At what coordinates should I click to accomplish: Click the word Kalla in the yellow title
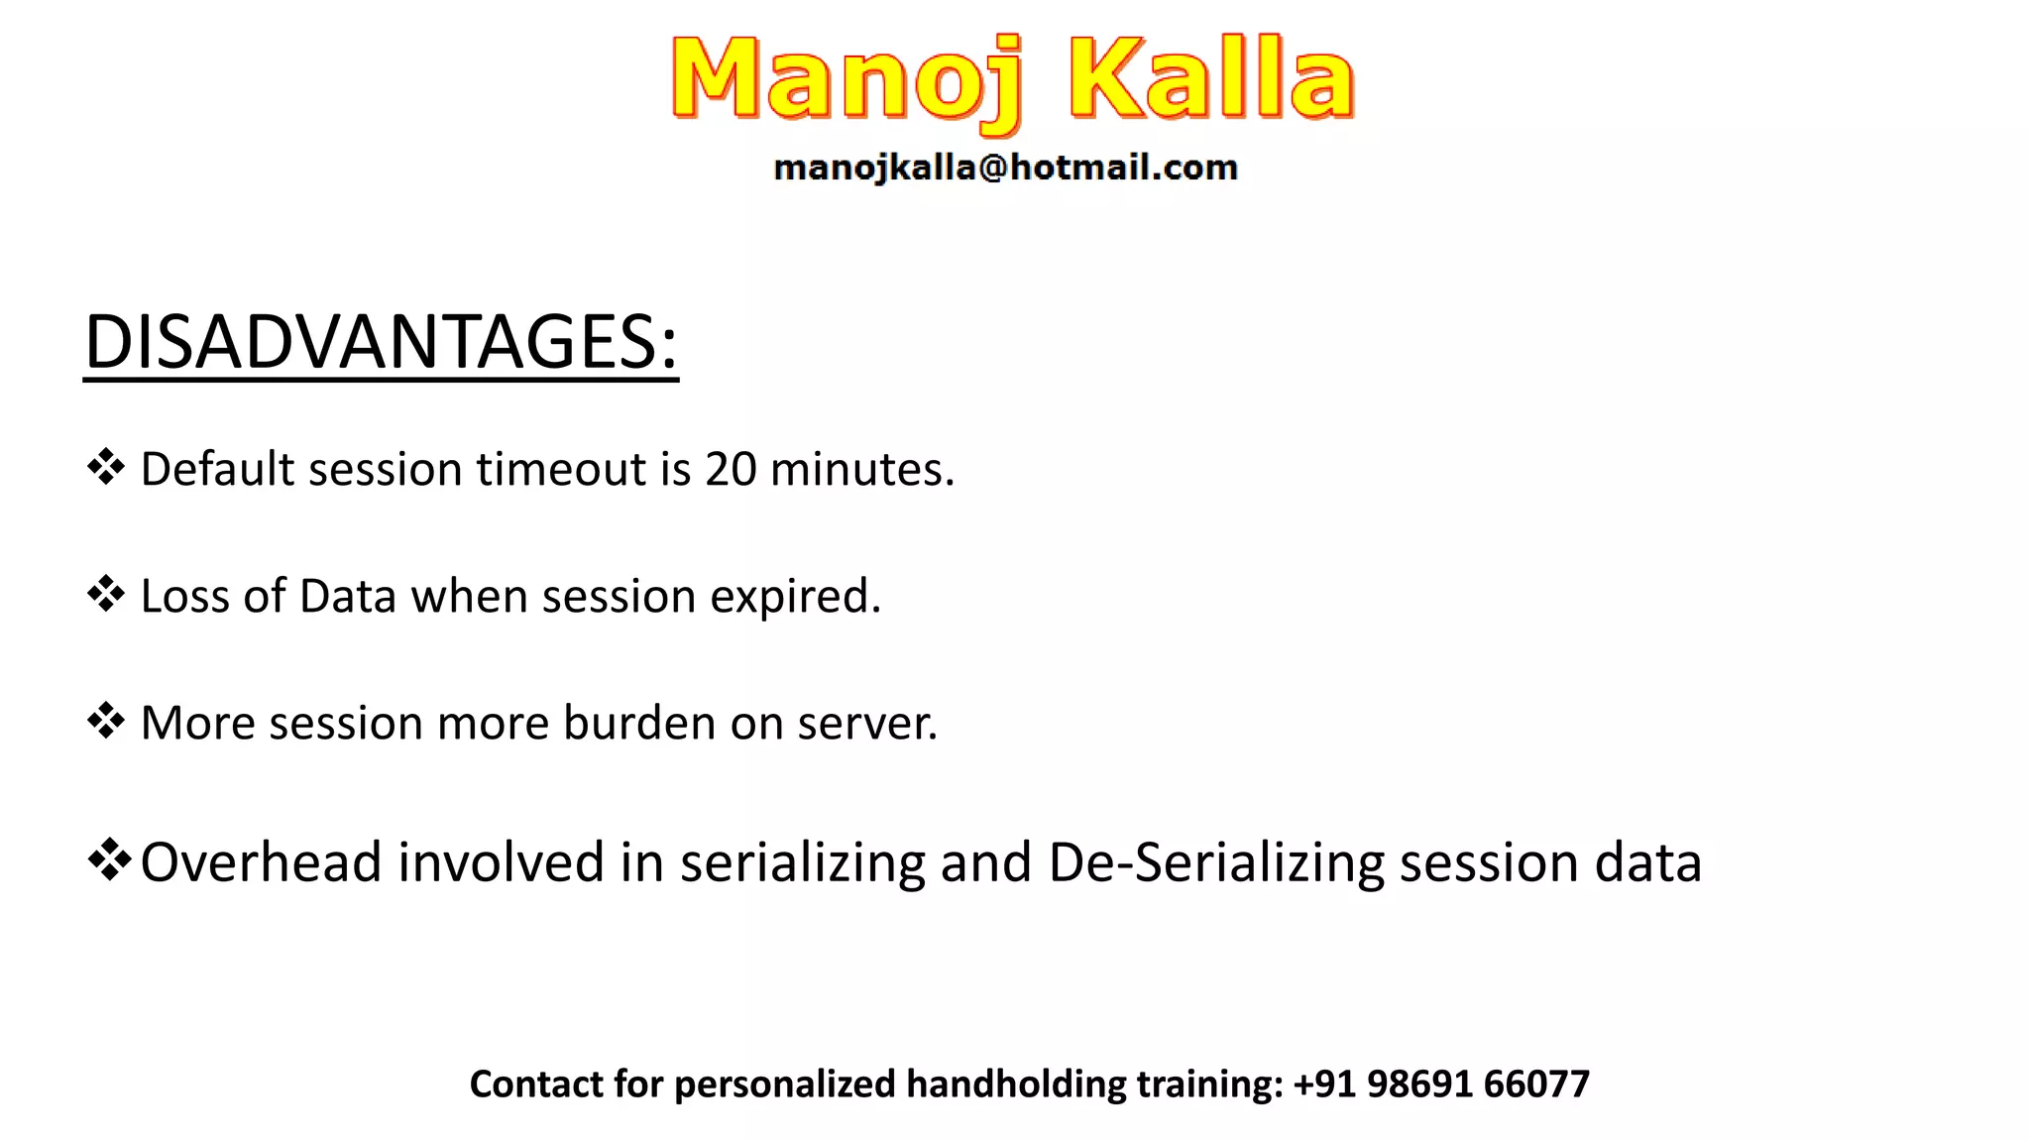tap(1211, 79)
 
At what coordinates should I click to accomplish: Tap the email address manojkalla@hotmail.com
tap(1005, 168)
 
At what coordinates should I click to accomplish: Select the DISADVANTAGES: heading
tap(381, 342)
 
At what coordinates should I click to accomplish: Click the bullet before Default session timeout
tap(106, 467)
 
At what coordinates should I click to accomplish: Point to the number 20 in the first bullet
tap(731, 469)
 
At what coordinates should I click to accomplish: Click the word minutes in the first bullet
tap(860, 469)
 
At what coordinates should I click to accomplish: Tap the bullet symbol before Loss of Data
tap(106, 594)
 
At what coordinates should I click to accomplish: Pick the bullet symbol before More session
tap(106, 721)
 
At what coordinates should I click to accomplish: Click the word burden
tap(639, 723)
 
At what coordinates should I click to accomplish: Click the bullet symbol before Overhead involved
tap(109, 858)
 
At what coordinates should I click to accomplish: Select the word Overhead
tap(261, 861)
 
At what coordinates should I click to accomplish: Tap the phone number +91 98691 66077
tap(1441, 1084)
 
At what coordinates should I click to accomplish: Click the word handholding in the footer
tap(1016, 1084)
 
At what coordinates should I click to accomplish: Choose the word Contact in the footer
tap(535, 1084)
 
